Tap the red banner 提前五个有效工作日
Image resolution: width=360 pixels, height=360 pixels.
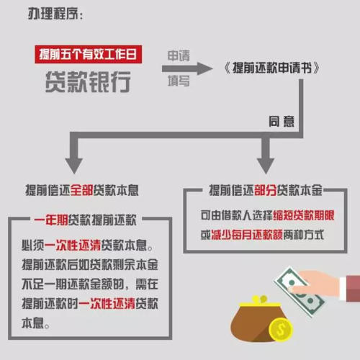tap(89, 54)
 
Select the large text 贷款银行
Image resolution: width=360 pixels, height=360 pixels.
tap(88, 82)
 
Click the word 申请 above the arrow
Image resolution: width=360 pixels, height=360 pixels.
tap(179, 55)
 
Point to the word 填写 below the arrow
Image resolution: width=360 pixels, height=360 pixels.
tap(179, 81)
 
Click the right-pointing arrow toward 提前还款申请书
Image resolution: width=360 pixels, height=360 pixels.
tap(187, 68)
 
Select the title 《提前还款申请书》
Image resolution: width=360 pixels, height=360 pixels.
tap(271, 68)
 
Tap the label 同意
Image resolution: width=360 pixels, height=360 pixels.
tap(282, 121)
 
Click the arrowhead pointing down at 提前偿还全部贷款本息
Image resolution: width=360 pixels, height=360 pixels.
tap(74, 166)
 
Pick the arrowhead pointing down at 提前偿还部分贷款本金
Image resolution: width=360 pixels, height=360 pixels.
tap(266, 166)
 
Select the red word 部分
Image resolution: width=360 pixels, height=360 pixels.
tap(265, 190)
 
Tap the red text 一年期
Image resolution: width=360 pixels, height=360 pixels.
tap(51, 220)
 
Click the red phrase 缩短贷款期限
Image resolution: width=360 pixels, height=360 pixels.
tap(304, 215)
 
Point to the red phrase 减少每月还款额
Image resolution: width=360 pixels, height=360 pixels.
tap(247, 235)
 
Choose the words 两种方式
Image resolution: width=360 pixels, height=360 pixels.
tap(303, 235)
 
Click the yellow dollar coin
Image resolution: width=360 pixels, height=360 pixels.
tap(281, 329)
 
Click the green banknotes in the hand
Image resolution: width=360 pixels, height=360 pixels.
tap(300, 292)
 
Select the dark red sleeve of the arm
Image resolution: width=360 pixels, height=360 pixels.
tap(354, 289)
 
